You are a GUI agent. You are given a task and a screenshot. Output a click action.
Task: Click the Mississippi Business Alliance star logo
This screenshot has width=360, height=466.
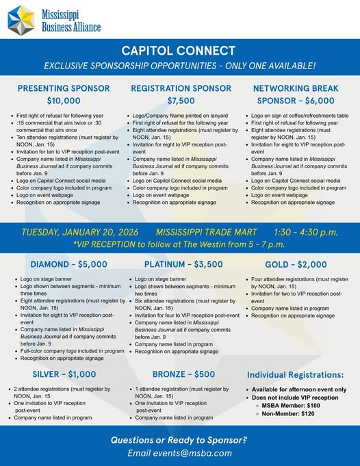pos(21,19)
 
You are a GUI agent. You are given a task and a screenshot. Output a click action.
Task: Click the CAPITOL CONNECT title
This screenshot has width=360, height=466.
pos(179,51)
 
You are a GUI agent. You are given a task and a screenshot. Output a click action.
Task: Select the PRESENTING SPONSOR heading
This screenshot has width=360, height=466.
pos(63,88)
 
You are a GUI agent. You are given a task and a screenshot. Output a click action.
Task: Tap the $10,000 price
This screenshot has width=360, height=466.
pos(63,101)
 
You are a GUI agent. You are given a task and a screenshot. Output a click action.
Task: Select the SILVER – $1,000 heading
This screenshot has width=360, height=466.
pos(64,374)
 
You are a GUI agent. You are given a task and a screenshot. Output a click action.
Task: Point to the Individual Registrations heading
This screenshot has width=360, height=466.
pos(295,375)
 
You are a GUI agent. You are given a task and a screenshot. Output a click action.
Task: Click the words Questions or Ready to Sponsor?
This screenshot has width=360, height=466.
pos(179,439)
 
